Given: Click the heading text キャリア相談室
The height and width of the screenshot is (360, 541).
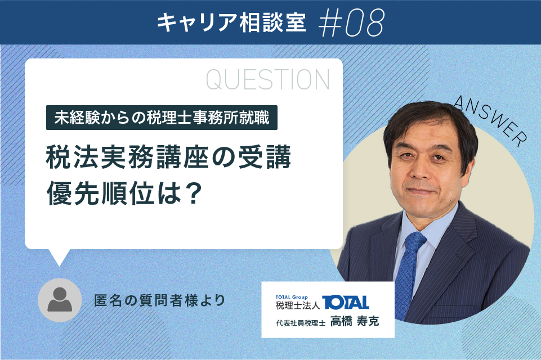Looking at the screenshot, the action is pos(231,22).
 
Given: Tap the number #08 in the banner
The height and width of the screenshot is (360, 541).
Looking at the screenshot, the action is pos(351,22).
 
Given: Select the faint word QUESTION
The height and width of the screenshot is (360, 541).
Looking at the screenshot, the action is pos(268,80).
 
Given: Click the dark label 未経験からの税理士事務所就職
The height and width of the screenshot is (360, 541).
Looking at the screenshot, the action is pos(162,118).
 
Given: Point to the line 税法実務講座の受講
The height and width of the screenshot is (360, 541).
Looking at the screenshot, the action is pos(168,157).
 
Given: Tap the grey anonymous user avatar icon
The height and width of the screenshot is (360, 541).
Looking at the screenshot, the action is pos(60,300).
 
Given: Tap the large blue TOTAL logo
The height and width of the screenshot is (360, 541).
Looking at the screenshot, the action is pos(345,303).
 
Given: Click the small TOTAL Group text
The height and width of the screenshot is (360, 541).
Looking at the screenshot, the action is pos(292,297).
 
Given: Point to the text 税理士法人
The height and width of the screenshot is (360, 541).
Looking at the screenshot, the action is pos(298,305).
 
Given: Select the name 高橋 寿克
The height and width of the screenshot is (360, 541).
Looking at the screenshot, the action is pos(355,321).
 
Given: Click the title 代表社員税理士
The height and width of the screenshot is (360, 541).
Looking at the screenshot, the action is pos(301,323).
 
